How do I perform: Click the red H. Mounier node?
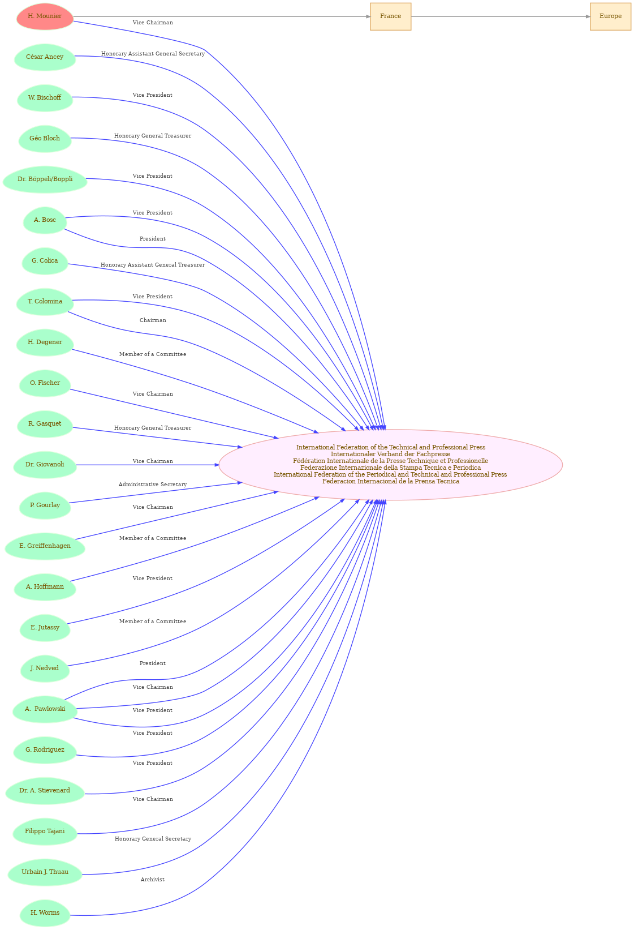coord(45,16)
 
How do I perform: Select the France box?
coord(390,16)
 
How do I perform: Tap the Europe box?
coord(610,16)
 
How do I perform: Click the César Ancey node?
coord(45,57)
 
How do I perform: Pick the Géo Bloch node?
coord(45,139)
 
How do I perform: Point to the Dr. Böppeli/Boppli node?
coord(45,179)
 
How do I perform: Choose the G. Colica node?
coord(45,261)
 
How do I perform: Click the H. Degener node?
coord(45,342)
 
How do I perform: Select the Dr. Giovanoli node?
coord(45,465)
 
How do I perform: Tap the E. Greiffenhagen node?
coord(45,546)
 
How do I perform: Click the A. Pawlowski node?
coord(45,709)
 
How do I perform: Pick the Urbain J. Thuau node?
coord(45,872)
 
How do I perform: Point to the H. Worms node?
coord(45,913)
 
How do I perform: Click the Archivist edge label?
coord(153,880)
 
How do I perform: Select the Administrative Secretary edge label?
coord(153,485)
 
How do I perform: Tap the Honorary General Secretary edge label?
coord(153,839)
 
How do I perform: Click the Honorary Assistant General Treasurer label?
coord(153,265)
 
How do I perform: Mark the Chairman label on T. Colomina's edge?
coord(153,320)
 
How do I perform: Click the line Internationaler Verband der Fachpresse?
coord(390,454)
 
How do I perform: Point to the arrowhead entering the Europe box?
coord(588,16)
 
